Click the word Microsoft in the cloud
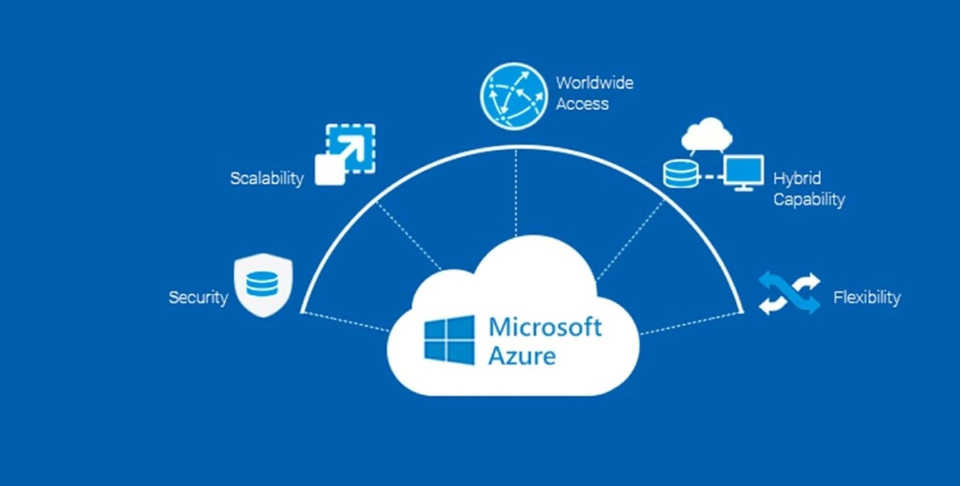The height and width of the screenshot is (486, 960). tap(545, 327)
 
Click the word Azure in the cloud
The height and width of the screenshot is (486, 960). tap(522, 356)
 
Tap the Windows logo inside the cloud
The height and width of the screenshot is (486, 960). tap(448, 340)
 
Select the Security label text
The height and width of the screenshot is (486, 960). tap(198, 298)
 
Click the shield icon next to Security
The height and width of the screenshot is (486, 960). tap(263, 285)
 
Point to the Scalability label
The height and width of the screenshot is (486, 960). tap(266, 178)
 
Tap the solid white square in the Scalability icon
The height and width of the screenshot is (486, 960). tap(329, 170)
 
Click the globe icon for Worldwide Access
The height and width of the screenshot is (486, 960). tap(513, 96)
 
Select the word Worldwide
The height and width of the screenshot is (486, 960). tap(594, 83)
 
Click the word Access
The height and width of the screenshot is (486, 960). tap(582, 104)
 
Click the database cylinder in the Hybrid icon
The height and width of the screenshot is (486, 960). tap(680, 174)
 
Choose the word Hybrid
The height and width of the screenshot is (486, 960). tap(797, 178)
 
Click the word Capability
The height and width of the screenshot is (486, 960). tap(808, 199)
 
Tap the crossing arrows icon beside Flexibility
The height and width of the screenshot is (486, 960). tap(789, 293)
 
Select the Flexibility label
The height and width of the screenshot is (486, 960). tap(866, 298)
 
